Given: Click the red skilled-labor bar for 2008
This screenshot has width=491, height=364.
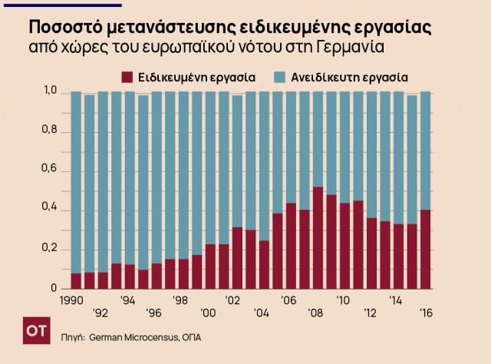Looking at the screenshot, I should point(318,238).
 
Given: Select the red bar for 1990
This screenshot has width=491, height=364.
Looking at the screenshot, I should point(76,281).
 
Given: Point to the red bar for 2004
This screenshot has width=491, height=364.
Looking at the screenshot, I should point(264,265).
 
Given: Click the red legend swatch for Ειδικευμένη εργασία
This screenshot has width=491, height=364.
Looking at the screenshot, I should point(127,78).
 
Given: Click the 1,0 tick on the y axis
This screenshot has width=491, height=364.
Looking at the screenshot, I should point(51,93).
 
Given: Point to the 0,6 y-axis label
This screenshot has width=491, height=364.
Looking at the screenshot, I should point(51,171).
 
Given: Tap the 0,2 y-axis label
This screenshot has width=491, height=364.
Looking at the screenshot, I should point(51,250).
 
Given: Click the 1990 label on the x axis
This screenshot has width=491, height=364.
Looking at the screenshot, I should point(71,299).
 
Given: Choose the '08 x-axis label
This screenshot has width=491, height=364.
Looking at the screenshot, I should point(315,313).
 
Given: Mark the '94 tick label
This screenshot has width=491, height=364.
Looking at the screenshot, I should point(127,299).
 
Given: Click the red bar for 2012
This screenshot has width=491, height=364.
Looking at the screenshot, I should point(371,253).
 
